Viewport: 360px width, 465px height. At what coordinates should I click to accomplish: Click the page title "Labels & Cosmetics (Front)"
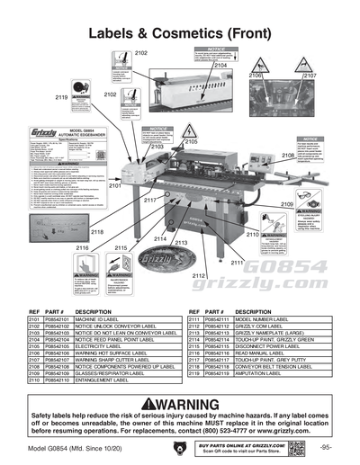point(180,33)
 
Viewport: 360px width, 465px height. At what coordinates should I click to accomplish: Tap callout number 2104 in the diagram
point(220,66)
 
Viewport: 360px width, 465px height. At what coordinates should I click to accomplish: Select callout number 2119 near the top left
point(61,96)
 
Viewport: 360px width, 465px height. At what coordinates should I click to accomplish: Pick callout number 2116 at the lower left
point(82,247)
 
